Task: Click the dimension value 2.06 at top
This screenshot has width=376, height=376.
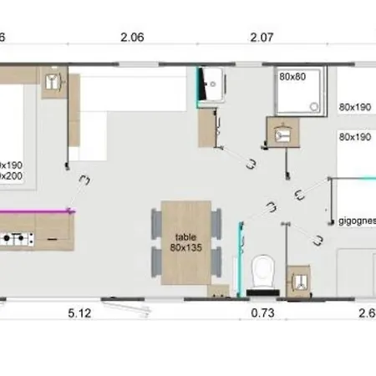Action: coord(132,37)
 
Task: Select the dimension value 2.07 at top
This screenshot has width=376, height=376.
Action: coord(262,37)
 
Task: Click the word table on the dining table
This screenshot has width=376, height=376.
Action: coord(185,236)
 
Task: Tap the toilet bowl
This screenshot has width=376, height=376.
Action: coord(263,271)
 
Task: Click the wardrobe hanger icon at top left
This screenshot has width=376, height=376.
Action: coord(53,82)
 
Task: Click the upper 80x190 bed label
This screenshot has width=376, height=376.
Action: coord(355,107)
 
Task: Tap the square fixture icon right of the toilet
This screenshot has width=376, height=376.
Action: coord(297,281)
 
